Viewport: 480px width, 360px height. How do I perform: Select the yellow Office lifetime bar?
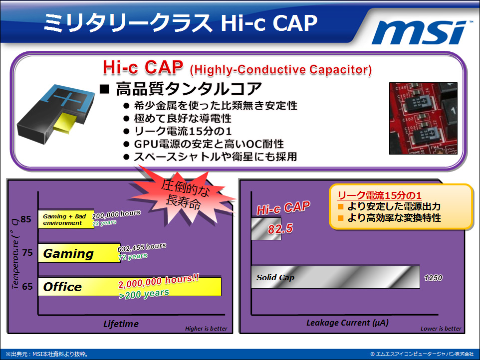click(x=130, y=287)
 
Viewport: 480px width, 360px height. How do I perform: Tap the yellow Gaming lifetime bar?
click(x=79, y=253)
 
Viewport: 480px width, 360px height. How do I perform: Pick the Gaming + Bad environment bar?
click(x=66, y=219)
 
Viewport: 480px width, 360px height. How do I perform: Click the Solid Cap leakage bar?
click(x=335, y=277)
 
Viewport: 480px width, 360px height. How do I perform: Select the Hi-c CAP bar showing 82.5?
click(x=266, y=228)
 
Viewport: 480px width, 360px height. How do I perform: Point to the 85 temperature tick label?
click(x=26, y=219)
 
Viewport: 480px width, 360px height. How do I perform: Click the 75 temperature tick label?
click(x=27, y=253)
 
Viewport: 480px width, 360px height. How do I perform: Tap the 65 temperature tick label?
click(x=27, y=287)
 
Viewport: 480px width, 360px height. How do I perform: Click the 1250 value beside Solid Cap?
click(x=433, y=278)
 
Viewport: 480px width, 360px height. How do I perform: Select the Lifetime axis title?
click(x=121, y=324)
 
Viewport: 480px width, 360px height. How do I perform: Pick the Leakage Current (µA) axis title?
click(x=347, y=323)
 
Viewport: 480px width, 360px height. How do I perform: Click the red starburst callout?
click(x=184, y=196)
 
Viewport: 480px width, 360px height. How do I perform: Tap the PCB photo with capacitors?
click(x=423, y=118)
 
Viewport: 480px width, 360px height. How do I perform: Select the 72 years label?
click(x=133, y=257)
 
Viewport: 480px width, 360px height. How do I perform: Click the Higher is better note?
click(x=206, y=329)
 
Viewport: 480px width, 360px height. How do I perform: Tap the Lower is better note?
click(x=441, y=329)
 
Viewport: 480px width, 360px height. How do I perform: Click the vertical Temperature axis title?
click(x=15, y=253)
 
